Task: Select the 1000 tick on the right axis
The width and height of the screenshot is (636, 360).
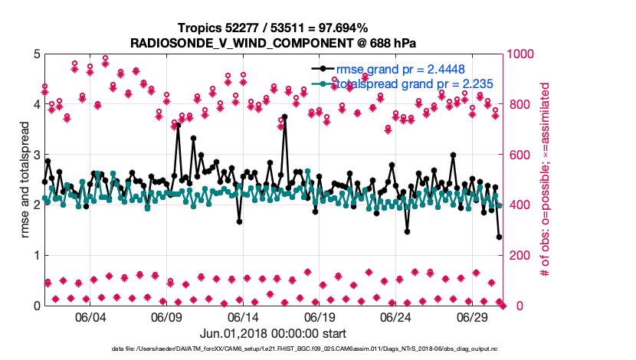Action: (x=521, y=54)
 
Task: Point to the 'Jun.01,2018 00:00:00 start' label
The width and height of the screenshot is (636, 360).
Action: (x=272, y=333)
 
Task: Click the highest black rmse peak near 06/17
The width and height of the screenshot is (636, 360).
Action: (x=284, y=117)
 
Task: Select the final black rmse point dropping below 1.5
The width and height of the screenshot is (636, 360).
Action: (x=499, y=237)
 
